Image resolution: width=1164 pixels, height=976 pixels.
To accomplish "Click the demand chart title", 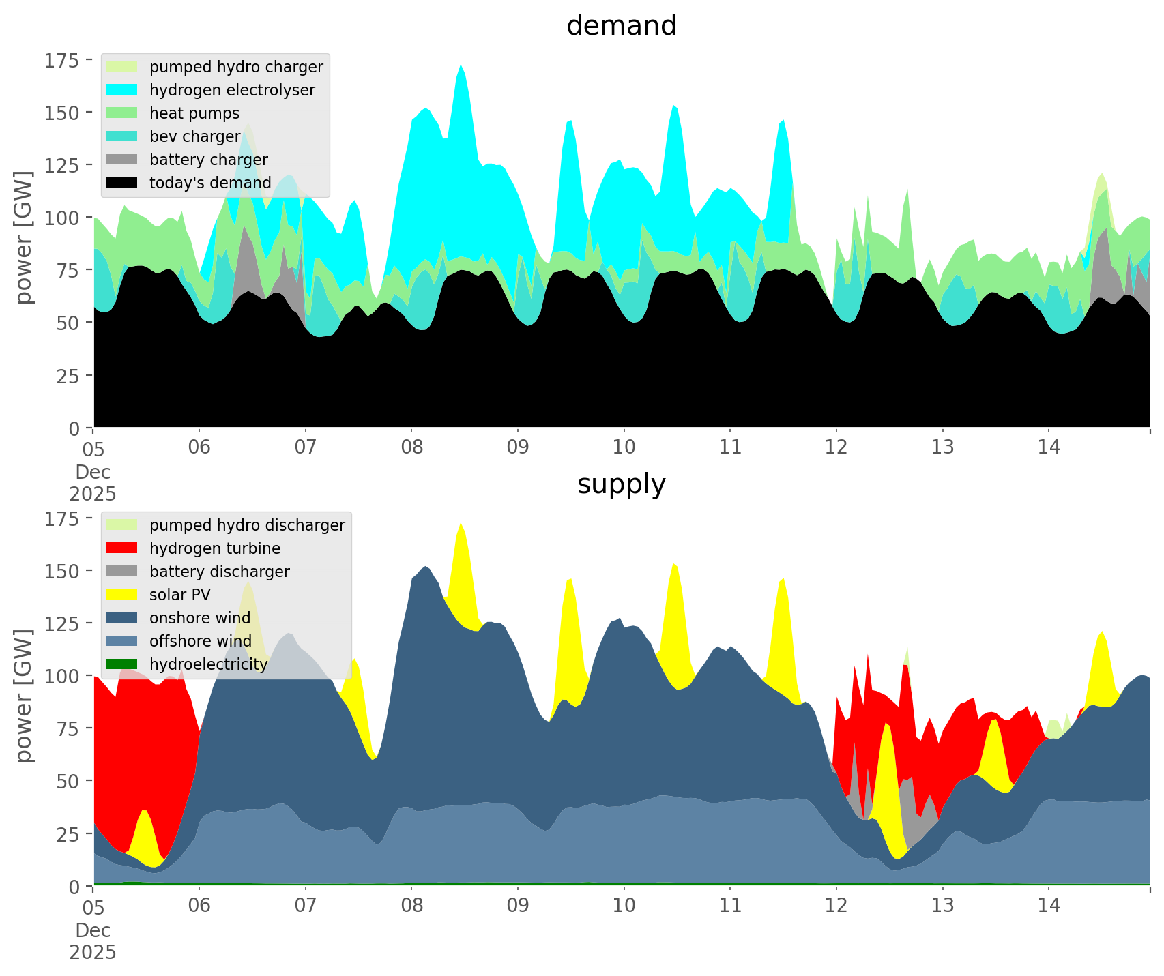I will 621,26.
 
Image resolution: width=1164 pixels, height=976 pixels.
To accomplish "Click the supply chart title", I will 621,484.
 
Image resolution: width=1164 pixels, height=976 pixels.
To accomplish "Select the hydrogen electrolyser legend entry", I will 232,90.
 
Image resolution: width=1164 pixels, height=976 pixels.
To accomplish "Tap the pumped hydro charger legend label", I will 236,67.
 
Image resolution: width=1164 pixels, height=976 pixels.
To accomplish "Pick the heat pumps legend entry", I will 194,113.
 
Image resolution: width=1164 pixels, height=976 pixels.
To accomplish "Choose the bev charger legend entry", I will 195,136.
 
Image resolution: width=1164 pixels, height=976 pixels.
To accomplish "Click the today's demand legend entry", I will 210,183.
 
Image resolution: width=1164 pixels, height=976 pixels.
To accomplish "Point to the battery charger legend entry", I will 208,160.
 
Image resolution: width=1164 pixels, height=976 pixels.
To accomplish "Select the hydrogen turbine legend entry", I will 215,548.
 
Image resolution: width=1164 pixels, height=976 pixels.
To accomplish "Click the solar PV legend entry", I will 180,595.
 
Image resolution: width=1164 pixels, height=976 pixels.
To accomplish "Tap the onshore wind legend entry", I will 200,618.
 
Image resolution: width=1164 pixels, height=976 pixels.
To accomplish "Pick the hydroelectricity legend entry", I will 208,664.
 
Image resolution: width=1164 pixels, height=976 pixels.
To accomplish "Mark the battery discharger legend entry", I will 219,572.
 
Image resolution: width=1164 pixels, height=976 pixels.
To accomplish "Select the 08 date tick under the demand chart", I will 411,447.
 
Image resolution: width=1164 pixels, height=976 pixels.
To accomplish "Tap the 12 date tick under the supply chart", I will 836,906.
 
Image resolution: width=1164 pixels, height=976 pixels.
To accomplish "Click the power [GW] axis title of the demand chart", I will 25,237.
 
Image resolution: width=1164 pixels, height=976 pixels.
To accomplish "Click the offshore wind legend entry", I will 200,641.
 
